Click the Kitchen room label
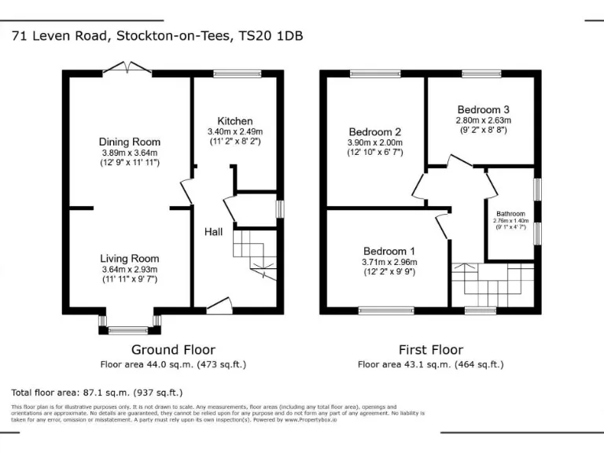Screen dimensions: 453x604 [234, 121]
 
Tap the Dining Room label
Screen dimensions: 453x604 [129, 142]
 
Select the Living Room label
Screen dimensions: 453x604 [129, 258]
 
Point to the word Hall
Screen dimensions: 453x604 [214, 232]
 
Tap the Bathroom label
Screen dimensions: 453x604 [510, 214]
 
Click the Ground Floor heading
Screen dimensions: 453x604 [173, 350]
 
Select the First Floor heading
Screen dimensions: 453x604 [430, 350]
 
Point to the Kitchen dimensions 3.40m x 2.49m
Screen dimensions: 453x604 [234, 131]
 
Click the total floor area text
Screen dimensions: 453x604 [97, 392]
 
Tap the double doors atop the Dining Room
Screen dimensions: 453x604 [127, 69]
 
